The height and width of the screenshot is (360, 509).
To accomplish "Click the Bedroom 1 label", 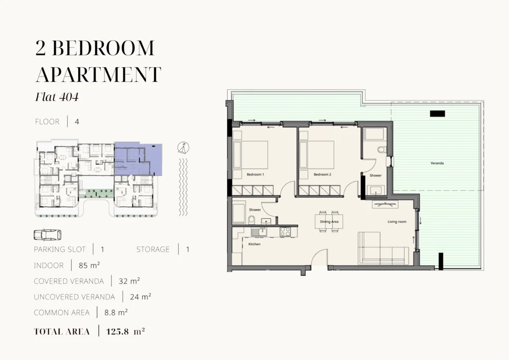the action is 255,175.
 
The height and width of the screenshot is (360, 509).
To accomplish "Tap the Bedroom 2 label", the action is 322,175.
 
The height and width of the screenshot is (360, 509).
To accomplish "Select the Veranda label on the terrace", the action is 437,163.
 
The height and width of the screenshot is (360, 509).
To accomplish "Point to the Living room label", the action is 397,222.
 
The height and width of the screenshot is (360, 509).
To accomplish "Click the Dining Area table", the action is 329,222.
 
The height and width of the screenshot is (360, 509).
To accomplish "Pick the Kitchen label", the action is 254,244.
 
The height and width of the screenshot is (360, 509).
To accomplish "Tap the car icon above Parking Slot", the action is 47,235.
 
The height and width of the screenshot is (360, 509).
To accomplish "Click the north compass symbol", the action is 183,148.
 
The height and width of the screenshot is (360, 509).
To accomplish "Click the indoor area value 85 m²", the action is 89,265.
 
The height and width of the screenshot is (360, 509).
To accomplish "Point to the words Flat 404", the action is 57,97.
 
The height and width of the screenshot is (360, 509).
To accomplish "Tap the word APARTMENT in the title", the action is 98,75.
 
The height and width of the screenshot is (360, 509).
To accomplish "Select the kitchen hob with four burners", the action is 285,231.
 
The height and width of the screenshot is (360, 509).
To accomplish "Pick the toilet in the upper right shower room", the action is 382,150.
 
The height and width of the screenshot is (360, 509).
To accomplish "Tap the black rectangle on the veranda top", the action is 437,113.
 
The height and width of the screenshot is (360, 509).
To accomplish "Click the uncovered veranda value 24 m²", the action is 141,297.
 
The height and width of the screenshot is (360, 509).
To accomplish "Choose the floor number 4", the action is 77,122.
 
